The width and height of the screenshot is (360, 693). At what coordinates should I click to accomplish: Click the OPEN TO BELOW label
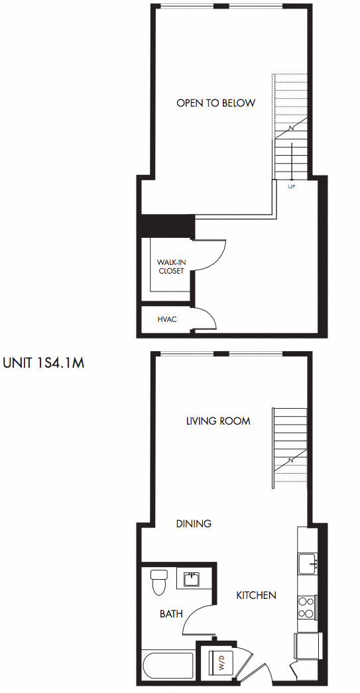pos(215,103)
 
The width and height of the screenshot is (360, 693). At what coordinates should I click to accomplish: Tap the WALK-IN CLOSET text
pos(171,266)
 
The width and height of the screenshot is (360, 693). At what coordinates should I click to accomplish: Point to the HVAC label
pos(166,319)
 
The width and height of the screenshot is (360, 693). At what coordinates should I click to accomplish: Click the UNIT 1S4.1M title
pos(44,363)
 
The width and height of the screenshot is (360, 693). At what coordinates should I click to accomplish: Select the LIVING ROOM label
pos(218,421)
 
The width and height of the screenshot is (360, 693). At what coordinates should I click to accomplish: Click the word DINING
pos(194,523)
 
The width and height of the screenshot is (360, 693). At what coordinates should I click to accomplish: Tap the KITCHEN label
pos(256,595)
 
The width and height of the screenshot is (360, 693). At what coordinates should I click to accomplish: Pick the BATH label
pos(171,614)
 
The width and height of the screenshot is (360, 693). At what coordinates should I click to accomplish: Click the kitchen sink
pos(308,564)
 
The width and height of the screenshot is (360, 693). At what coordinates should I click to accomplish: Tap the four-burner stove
pos(306,608)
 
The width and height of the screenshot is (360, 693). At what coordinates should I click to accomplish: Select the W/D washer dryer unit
pos(217,663)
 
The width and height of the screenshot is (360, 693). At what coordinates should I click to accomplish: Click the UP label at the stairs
pos(291,187)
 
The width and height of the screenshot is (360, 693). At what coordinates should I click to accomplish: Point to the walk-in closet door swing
pos(212,255)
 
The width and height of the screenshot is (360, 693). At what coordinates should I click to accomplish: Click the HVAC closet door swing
pos(206,318)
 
